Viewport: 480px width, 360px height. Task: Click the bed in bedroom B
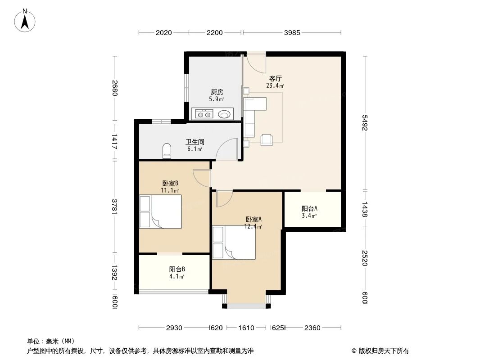[161, 211]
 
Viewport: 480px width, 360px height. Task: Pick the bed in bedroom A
[234, 243]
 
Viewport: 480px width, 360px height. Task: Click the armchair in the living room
[267, 140]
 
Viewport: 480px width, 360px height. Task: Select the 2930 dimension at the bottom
[174, 328]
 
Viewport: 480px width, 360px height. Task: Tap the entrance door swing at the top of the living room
[255, 63]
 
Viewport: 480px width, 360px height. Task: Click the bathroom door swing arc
[227, 149]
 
